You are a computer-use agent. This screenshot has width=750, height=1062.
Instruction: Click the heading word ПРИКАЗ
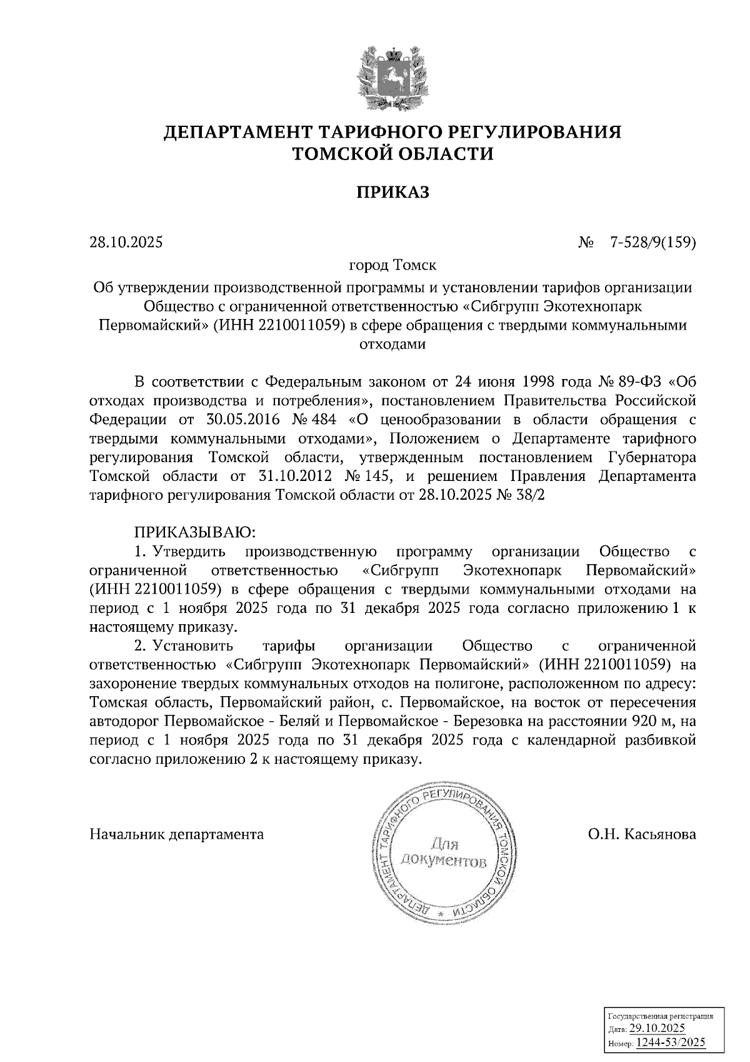click(x=393, y=192)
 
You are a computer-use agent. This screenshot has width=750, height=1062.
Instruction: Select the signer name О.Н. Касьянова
click(x=642, y=834)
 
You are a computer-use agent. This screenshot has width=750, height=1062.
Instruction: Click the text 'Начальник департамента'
click(x=177, y=834)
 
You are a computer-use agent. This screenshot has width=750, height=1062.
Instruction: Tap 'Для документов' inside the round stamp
click(x=442, y=852)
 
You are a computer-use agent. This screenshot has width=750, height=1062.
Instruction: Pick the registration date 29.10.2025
click(x=657, y=1029)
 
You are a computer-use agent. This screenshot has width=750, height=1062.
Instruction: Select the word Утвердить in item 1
click(x=190, y=552)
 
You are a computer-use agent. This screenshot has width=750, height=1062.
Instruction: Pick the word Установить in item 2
click(x=193, y=645)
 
